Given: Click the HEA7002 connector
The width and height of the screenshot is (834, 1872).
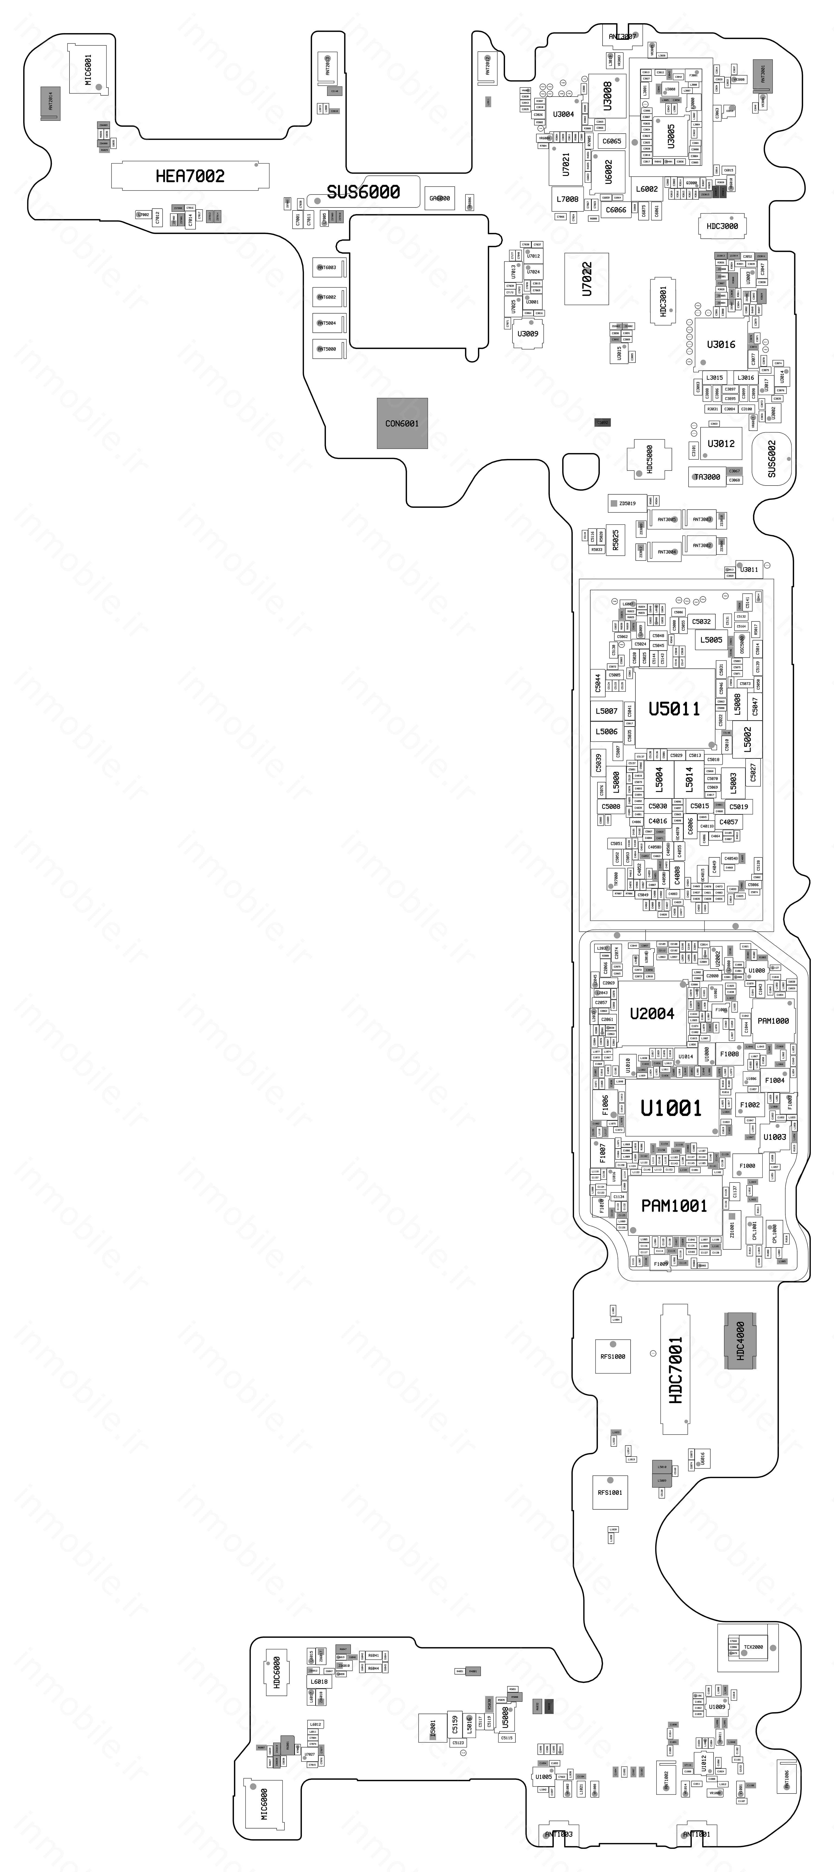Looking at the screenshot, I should [190, 176].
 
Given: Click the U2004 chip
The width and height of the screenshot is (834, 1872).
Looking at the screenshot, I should [651, 1014].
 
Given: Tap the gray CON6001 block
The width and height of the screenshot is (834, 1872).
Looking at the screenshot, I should [402, 423].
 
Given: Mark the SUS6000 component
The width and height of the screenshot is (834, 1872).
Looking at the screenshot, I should [363, 192].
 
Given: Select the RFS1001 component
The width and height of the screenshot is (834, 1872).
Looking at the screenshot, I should [610, 1492].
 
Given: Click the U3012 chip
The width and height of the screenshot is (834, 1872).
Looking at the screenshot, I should [720, 443].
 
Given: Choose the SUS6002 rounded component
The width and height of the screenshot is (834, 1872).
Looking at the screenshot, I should [771, 458].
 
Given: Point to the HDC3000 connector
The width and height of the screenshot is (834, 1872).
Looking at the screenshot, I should [722, 226].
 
